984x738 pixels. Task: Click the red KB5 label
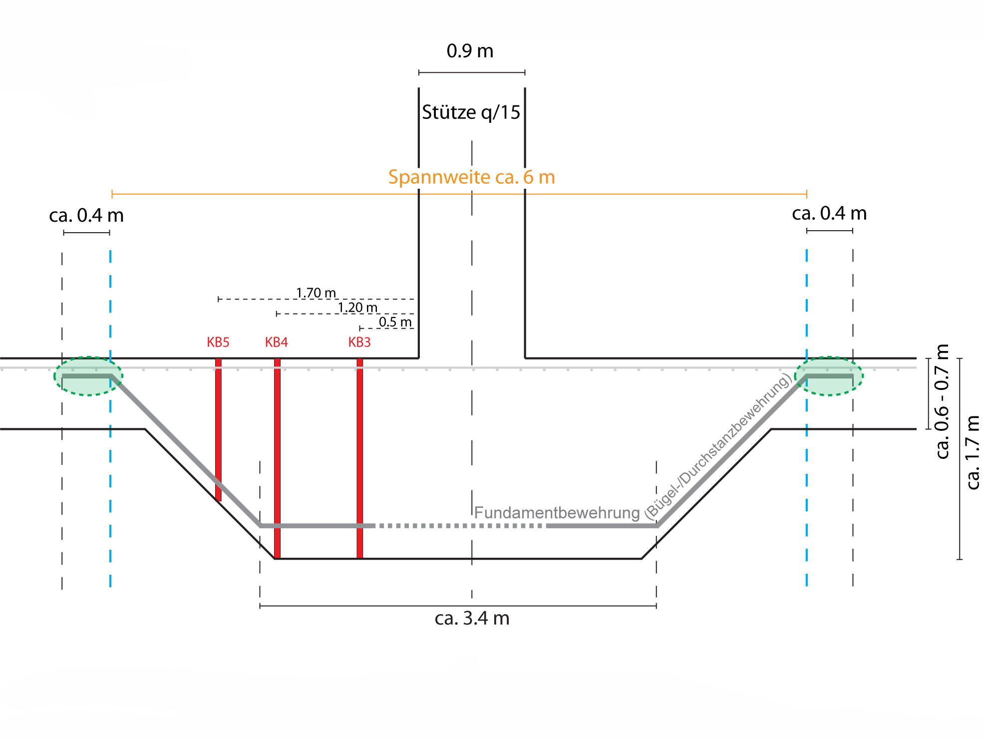(218, 343)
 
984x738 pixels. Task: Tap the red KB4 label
(276, 343)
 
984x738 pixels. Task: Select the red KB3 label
(359, 343)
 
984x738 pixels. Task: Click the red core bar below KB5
(218, 429)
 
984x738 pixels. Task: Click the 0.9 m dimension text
(470, 51)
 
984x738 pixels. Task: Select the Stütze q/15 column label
(471, 112)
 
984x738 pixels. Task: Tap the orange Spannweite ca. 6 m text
(471, 177)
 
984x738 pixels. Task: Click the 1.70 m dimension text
(316, 293)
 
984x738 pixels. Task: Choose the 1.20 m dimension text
(357, 307)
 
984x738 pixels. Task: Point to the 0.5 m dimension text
(395, 322)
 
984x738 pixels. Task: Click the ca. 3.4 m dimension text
(472, 618)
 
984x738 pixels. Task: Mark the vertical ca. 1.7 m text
(973, 452)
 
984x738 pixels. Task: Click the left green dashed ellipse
(88, 376)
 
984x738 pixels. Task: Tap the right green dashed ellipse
(829, 376)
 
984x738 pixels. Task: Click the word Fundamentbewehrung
(557, 513)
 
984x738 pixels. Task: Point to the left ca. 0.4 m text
(86, 215)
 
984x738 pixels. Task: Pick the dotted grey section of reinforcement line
(459, 526)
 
